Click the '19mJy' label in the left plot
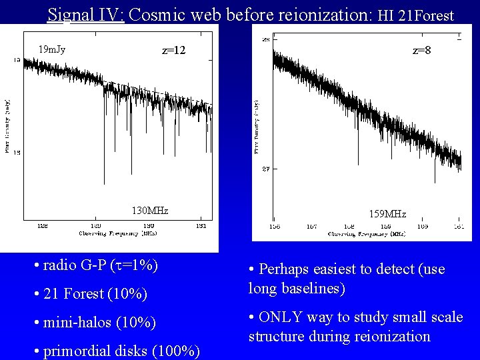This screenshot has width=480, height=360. [x=51, y=49]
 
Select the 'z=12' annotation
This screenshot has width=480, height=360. [x=174, y=51]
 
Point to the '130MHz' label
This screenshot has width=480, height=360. [x=150, y=211]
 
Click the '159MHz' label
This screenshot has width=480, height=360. [x=387, y=214]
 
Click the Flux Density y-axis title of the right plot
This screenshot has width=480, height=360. [x=255, y=127]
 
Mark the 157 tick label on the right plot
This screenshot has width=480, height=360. [x=311, y=227]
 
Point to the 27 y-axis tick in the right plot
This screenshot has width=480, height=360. [x=265, y=169]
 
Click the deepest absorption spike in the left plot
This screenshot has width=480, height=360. [x=104, y=181]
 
